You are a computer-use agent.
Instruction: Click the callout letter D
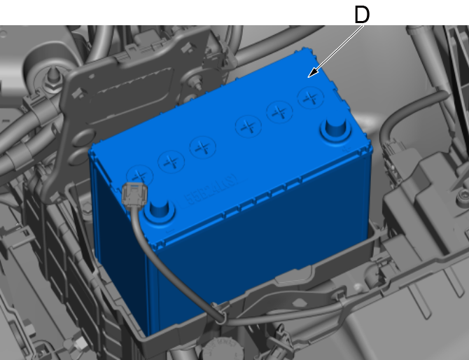tap(362, 15)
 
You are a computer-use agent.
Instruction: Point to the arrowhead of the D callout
tap(313, 73)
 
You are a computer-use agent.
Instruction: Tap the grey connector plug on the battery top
tap(134, 195)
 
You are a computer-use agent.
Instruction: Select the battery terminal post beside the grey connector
tap(160, 210)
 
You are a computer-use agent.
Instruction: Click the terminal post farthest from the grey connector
tap(335, 127)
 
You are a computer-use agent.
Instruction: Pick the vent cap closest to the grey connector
tap(140, 176)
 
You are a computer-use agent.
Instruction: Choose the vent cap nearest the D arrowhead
tap(311, 97)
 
